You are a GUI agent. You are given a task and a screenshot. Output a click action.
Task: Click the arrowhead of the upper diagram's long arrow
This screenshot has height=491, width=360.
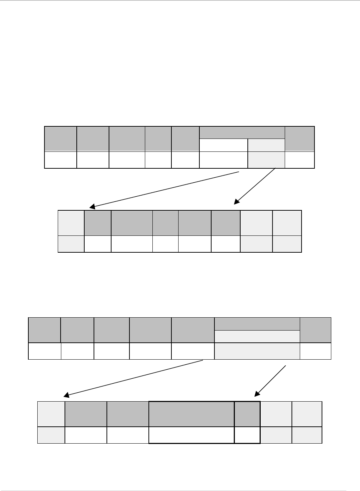(92, 206)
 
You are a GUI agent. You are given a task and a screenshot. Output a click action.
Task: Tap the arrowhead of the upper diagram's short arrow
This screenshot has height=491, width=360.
(236, 202)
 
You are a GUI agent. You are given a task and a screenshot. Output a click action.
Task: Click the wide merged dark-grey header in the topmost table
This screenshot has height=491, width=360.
(242, 132)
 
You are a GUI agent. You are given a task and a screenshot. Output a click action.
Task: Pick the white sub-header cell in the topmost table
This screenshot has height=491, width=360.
(223, 145)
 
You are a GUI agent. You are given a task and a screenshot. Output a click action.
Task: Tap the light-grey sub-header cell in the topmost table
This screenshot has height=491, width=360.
(266, 145)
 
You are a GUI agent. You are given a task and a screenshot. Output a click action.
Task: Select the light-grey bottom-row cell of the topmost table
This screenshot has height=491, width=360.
(266, 160)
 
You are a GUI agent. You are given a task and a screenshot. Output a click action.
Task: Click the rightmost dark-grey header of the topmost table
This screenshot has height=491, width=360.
(299, 139)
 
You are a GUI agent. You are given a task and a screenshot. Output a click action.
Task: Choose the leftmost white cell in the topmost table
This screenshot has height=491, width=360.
(61, 160)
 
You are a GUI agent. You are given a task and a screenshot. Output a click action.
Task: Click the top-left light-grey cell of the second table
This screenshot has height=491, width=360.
(71, 223)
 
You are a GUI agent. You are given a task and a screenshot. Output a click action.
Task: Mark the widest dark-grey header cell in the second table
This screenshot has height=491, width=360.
(132, 223)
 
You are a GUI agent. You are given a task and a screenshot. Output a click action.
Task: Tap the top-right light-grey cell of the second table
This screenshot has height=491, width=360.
(287, 223)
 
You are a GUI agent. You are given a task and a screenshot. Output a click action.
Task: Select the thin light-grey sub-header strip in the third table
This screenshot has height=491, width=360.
(257, 336)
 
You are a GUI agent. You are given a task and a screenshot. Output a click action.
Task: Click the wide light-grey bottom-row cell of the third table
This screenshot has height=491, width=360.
(257, 351)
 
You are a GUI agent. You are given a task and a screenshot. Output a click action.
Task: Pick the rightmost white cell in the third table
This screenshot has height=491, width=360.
(316, 351)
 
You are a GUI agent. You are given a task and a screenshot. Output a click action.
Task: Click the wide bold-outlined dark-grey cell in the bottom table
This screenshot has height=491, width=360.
(191, 414)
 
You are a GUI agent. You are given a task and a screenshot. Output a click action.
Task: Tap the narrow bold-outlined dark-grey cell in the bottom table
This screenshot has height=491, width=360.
(247, 414)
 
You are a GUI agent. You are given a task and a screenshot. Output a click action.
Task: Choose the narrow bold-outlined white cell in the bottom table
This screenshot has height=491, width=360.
(247, 435)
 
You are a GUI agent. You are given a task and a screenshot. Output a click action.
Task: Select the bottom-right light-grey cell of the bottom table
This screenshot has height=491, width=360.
(307, 435)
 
